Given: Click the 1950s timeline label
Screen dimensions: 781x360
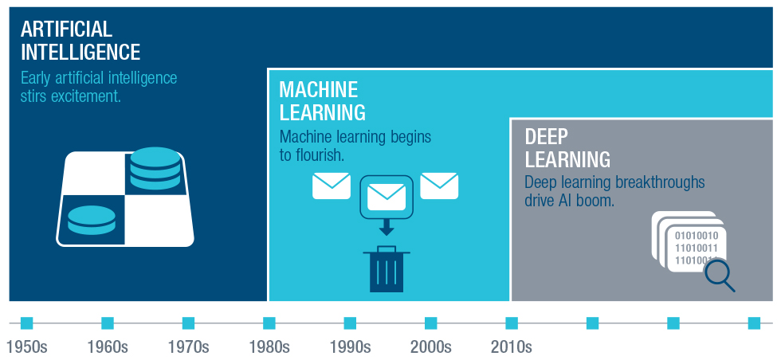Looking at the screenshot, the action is pyautogui.click(x=27, y=346).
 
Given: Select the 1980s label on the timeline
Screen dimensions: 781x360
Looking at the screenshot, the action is pyautogui.click(x=269, y=346).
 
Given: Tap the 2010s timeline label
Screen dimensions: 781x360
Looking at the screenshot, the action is pyautogui.click(x=512, y=346).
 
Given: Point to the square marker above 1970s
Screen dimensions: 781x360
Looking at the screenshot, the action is pyautogui.click(x=188, y=323).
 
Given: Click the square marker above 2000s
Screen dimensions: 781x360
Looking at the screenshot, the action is pyautogui.click(x=431, y=323).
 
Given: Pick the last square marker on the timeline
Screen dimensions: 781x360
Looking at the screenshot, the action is pyautogui.click(x=754, y=323).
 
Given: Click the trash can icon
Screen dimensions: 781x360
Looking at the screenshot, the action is pyautogui.click(x=387, y=269).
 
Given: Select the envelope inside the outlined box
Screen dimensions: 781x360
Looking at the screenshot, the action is pyautogui.click(x=387, y=198).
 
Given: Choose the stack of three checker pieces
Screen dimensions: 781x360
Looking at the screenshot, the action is pyautogui.click(x=155, y=168).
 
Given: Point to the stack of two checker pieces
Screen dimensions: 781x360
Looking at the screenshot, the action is pyautogui.click(x=92, y=220).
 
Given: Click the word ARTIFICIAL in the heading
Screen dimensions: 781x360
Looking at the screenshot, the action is pyautogui.click(x=66, y=29).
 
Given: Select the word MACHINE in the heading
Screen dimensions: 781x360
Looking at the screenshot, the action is pyautogui.click(x=318, y=90).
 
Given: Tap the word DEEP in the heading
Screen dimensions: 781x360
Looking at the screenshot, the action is pyautogui.click(x=547, y=136).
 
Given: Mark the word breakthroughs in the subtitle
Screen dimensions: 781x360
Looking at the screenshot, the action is pyautogui.click(x=660, y=182).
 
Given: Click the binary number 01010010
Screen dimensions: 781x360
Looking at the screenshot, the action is pyautogui.click(x=697, y=236).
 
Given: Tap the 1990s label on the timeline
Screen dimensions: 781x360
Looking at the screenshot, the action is pyautogui.click(x=350, y=346).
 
